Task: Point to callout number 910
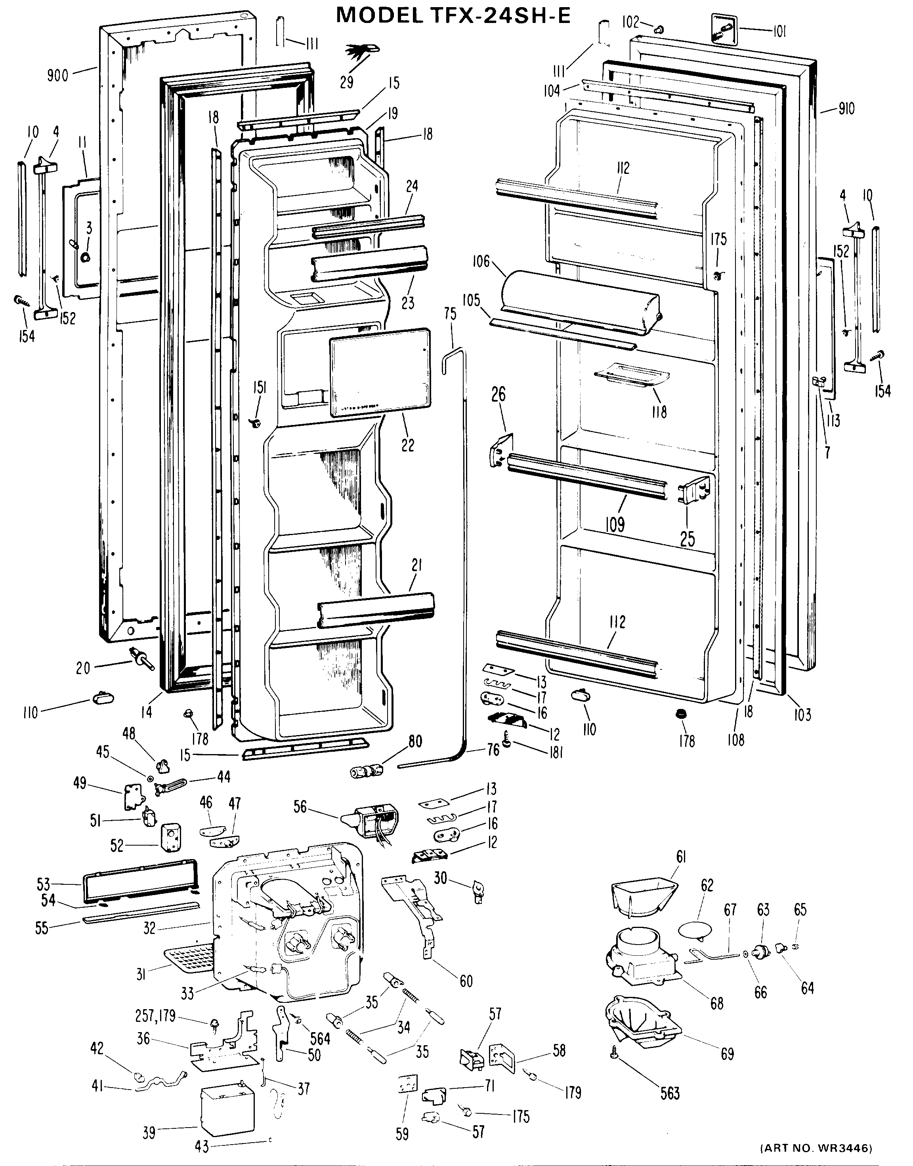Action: coord(846,109)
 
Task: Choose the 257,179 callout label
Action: coord(155,1015)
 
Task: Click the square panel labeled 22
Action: coord(380,372)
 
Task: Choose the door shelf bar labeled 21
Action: coord(376,609)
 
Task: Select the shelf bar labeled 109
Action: coord(587,476)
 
